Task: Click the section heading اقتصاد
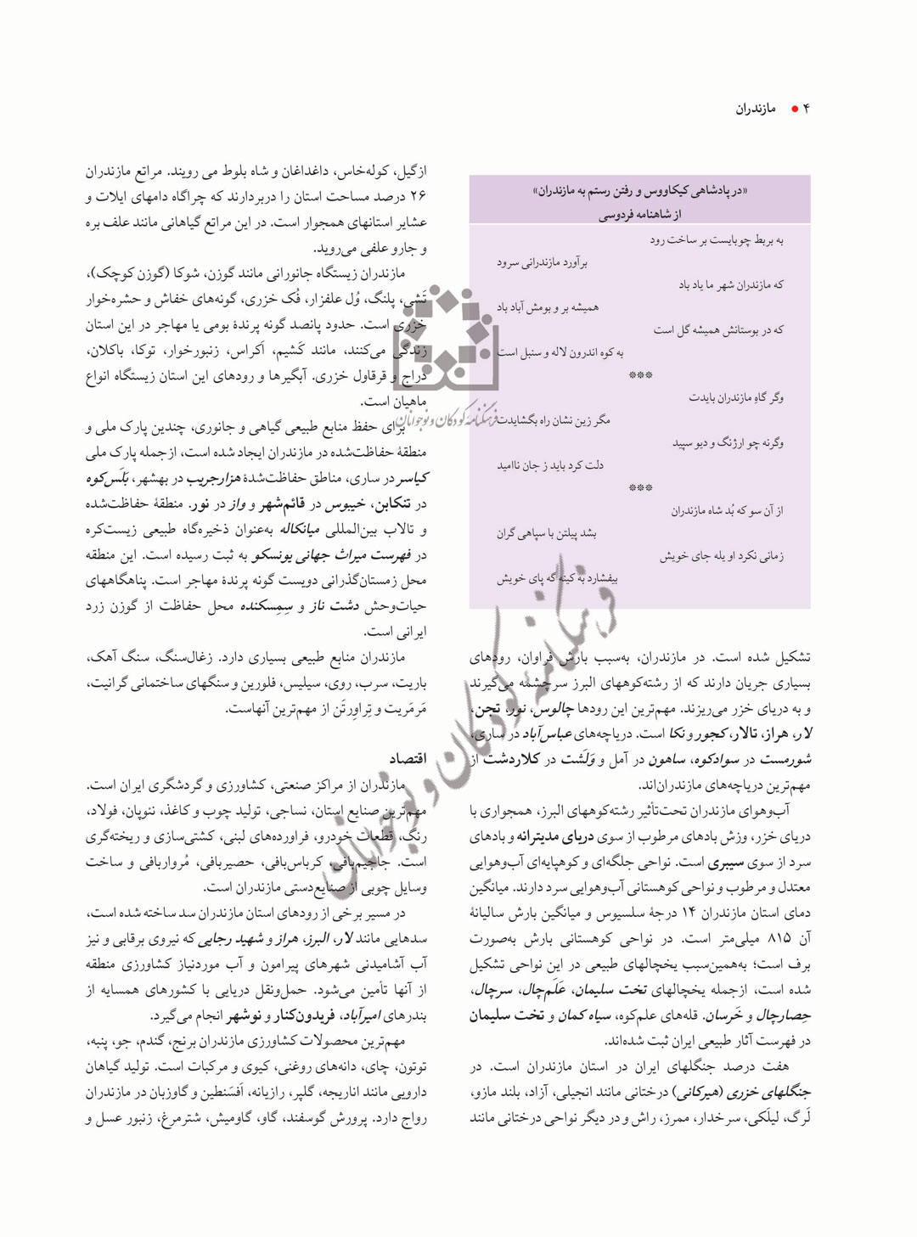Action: tap(407, 757)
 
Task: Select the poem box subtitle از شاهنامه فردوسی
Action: tap(639, 216)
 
